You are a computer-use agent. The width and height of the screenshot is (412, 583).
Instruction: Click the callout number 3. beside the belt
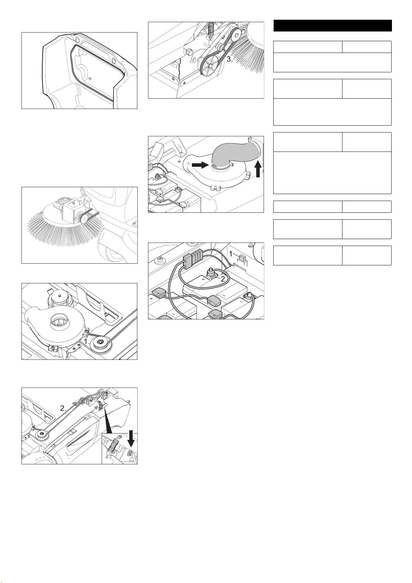230,59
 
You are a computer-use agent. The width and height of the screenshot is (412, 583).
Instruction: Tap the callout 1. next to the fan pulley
87,341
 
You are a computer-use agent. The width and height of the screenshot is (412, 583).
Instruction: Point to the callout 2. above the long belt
63,408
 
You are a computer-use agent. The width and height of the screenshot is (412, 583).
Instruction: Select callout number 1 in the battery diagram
231,254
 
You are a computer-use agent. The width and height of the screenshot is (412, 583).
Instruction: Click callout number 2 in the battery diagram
222,279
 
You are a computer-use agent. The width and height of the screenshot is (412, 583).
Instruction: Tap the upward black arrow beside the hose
258,169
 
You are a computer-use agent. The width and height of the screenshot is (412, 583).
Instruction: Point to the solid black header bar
332,26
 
